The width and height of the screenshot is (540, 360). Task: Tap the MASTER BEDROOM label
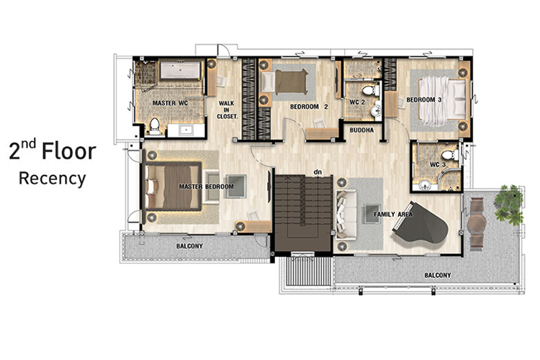[207, 186]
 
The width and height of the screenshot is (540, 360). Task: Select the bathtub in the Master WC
[180, 70]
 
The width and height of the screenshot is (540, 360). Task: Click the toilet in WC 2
[371, 91]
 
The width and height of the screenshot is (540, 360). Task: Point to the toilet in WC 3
[450, 155]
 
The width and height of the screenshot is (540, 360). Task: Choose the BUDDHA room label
[361, 130]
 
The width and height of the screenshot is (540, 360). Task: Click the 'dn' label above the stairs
[318, 171]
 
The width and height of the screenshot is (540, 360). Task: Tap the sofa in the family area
[346, 215]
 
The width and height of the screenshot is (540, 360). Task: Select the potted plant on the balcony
[508, 205]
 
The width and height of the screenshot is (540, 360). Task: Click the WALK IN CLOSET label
[227, 110]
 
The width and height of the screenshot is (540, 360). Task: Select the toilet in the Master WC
[155, 126]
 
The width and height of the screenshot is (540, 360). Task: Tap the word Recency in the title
[53, 179]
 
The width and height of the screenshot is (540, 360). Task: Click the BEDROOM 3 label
[424, 100]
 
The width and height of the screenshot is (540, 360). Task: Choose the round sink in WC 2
[375, 110]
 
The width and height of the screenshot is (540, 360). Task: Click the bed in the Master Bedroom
[173, 186]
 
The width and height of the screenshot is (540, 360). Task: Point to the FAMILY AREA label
[393, 215]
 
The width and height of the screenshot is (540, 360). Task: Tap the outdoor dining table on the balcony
[477, 223]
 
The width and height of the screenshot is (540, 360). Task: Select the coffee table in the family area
[372, 214]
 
